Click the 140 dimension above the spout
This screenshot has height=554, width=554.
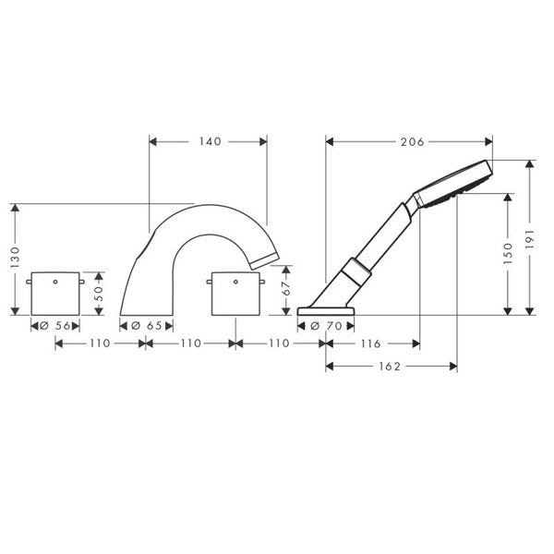(208, 142)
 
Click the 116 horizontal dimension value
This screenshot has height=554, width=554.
(372, 343)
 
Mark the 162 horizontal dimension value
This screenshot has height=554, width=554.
(391, 367)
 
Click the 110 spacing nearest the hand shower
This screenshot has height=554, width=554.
(280, 343)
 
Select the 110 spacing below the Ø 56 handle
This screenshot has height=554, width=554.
(99, 343)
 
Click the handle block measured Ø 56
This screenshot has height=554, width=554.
(54, 294)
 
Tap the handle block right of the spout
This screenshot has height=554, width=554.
(235, 294)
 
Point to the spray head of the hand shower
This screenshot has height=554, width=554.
(455, 181)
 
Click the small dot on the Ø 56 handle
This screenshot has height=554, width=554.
(54, 279)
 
